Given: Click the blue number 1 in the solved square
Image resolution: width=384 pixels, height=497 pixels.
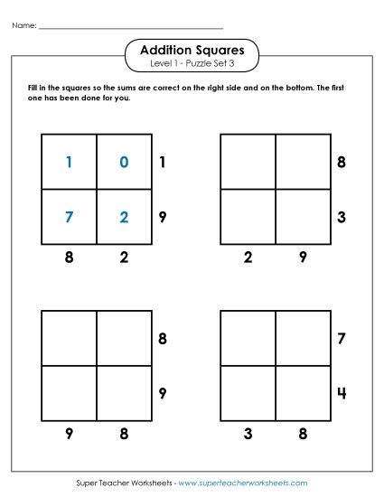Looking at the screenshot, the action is pos(69,163).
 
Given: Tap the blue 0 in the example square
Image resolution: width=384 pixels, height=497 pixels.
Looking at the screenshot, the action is pos(124,163).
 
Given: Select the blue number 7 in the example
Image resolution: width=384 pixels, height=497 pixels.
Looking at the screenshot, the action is pos(69,218).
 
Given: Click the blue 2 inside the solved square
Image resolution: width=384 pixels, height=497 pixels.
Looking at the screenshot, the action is pos(124,218).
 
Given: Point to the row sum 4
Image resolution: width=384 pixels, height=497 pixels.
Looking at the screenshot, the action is pos(342,393).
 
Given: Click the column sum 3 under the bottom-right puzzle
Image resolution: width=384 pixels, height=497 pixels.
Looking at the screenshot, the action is pos(248,434).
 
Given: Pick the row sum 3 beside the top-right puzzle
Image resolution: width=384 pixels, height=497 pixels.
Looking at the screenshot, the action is pos(342,217).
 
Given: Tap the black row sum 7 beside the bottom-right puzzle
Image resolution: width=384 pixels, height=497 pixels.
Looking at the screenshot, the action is pos(342,339).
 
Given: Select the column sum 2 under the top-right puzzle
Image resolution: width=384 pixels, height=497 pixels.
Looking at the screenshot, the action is pos(248,258).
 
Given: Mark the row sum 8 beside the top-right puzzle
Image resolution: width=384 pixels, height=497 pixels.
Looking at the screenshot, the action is pos(342,163).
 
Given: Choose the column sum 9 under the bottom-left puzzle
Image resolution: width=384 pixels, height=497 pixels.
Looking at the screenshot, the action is pos(69,434).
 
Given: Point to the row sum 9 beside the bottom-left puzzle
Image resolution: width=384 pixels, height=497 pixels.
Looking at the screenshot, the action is pos(162,393).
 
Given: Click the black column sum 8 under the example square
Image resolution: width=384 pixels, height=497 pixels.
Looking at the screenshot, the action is pos(69,258).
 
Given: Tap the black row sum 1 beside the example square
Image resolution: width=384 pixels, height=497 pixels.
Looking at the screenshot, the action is pos(162,163).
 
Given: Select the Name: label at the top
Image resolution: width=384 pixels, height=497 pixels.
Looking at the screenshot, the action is pos(24,26).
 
